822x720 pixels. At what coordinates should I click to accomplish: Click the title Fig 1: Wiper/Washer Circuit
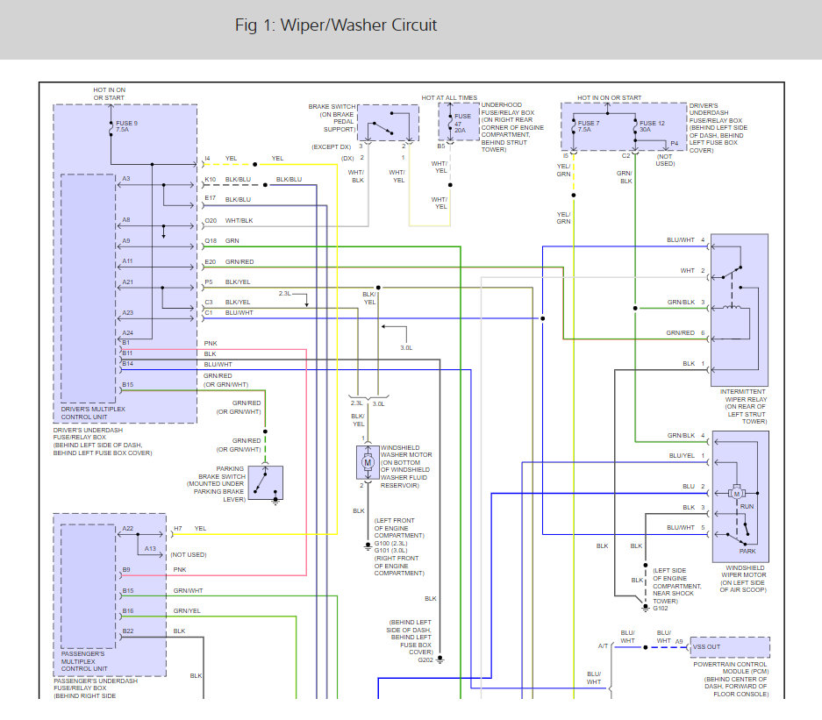336,25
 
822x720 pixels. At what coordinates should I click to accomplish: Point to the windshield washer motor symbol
367,461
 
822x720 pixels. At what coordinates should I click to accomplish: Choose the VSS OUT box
729,647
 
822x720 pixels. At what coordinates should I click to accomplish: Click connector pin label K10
210,180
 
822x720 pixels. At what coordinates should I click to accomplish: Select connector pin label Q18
210,240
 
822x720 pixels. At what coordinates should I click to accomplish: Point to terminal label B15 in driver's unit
128,384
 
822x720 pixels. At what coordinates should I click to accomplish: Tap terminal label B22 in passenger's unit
128,631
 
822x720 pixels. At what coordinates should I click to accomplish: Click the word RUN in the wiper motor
747,507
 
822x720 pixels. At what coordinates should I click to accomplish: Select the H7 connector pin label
178,529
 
